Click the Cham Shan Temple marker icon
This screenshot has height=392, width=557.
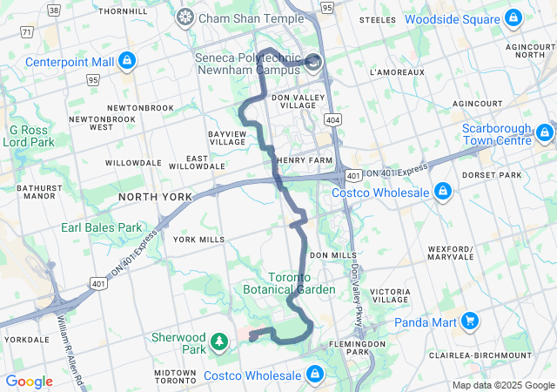click(x=185, y=17)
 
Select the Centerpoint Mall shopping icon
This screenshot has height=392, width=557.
click(x=127, y=61)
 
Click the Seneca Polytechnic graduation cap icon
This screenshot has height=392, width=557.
click(x=313, y=61)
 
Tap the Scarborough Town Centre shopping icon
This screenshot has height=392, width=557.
click(x=545, y=132)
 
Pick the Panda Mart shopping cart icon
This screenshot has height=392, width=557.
click(x=470, y=321)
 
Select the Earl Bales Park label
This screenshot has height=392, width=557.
click(x=101, y=227)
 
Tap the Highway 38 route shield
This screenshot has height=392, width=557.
click(x=54, y=10)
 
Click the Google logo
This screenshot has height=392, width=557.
click(x=29, y=381)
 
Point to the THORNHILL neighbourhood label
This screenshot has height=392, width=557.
click(x=123, y=11)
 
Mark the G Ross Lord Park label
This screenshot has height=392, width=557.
click(x=27, y=135)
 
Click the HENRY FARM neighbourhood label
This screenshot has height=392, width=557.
click(x=305, y=160)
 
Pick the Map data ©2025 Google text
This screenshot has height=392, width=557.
click(x=503, y=385)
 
